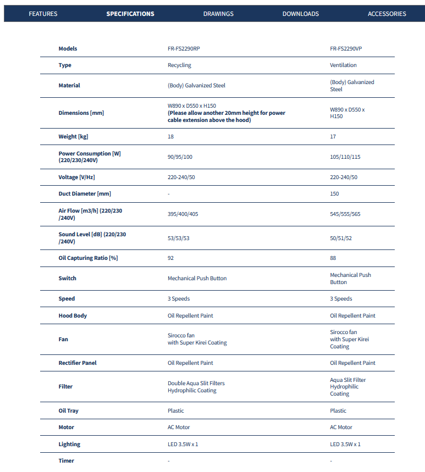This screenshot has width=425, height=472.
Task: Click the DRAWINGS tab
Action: click(218, 14)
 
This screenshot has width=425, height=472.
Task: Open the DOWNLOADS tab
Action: click(300, 14)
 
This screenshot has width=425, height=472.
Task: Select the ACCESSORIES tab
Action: click(387, 14)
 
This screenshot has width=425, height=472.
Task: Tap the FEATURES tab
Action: click(43, 14)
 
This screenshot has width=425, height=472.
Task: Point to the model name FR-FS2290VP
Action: click(346, 48)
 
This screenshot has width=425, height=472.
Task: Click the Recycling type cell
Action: click(179, 65)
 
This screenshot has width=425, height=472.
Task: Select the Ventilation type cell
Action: click(343, 65)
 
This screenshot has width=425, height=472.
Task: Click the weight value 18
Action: click(170, 136)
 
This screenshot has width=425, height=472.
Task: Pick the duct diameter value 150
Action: click(334, 193)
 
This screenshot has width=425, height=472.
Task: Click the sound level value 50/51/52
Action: click(341, 237)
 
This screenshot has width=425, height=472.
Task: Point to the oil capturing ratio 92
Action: click(170, 258)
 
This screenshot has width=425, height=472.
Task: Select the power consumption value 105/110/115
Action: click(345, 157)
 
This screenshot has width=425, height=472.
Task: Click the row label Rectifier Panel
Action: click(77, 363)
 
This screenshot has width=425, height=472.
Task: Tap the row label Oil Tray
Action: click(68, 410)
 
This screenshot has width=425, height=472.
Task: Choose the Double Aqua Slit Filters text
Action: click(196, 383)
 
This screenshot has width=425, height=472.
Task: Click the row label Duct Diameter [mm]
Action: click(85, 193)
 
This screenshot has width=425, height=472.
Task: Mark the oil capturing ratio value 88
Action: click(333, 258)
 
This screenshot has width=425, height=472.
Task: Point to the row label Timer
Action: click(66, 460)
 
